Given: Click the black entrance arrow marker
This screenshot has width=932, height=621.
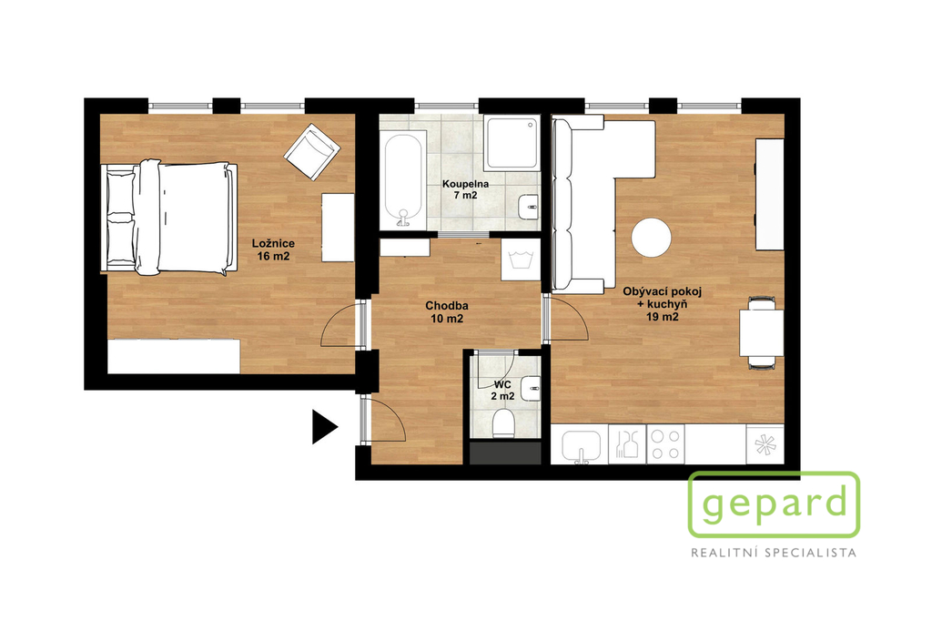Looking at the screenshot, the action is [x=324, y=426].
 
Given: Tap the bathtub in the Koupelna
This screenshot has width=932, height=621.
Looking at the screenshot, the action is [x=403, y=180].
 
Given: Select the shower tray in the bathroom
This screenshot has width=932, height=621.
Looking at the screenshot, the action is [x=512, y=143].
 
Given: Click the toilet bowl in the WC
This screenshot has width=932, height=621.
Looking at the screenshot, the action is [x=503, y=424].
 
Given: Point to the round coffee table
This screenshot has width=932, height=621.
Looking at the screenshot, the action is [x=652, y=238].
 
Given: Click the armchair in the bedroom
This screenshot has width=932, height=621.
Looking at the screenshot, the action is [x=311, y=151].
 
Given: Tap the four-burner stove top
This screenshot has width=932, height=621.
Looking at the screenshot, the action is [x=665, y=443].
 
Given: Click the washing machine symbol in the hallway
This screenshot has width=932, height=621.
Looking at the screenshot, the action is [x=521, y=260].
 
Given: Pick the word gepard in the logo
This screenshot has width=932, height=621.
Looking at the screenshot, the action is [x=775, y=504].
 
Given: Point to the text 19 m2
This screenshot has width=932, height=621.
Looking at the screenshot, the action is [x=663, y=317].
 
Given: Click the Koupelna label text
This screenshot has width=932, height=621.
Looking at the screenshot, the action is [x=465, y=184].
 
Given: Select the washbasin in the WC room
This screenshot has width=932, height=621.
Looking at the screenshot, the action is [x=531, y=389].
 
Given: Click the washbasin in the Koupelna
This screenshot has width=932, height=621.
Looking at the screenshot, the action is [x=528, y=208].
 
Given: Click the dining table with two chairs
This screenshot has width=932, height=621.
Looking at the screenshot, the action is [x=762, y=332].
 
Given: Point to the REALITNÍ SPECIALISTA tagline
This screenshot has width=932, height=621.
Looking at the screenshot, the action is [x=774, y=554].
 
